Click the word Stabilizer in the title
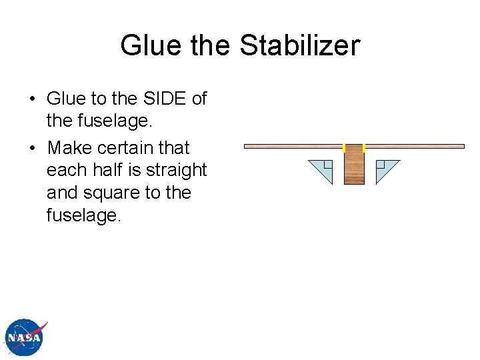299,45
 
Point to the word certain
128,147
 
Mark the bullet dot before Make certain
31,148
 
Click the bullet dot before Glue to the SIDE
31,99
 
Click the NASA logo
25,337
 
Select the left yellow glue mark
344,147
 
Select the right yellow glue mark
364,147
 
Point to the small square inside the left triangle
328,165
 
